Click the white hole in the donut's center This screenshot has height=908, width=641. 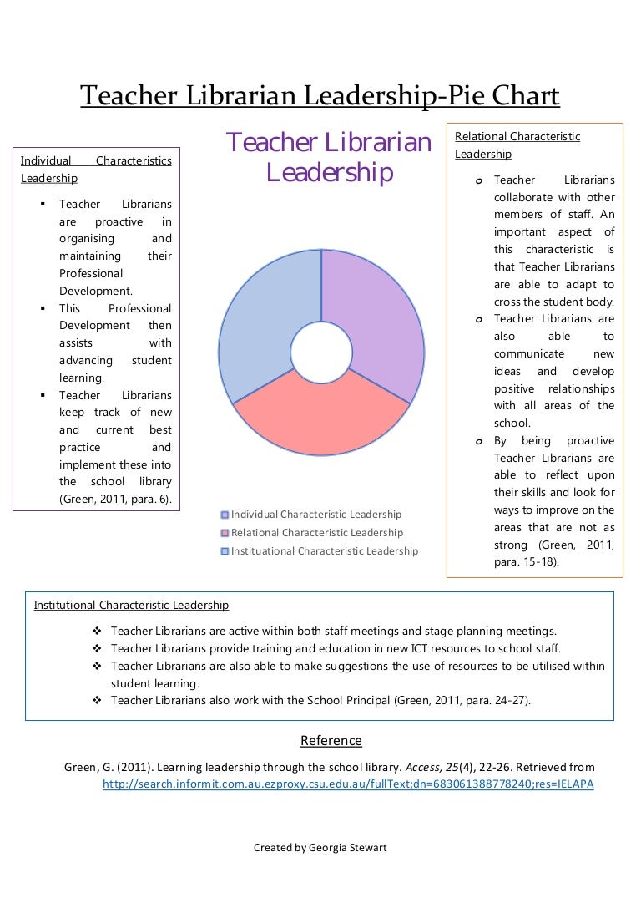321,352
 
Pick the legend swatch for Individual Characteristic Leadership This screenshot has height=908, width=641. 225,515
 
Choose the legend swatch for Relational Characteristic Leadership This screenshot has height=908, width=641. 225,533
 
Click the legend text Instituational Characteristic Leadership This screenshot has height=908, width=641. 325,551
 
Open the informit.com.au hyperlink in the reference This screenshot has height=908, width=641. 348,784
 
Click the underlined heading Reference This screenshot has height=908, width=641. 331,741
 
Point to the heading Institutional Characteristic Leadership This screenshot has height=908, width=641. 131,605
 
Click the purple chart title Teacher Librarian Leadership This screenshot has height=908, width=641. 329,157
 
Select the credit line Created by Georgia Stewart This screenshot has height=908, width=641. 320,848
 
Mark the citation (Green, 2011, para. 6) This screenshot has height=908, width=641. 115,500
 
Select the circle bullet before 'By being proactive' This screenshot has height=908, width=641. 479,441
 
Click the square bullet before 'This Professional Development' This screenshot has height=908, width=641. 42,308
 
